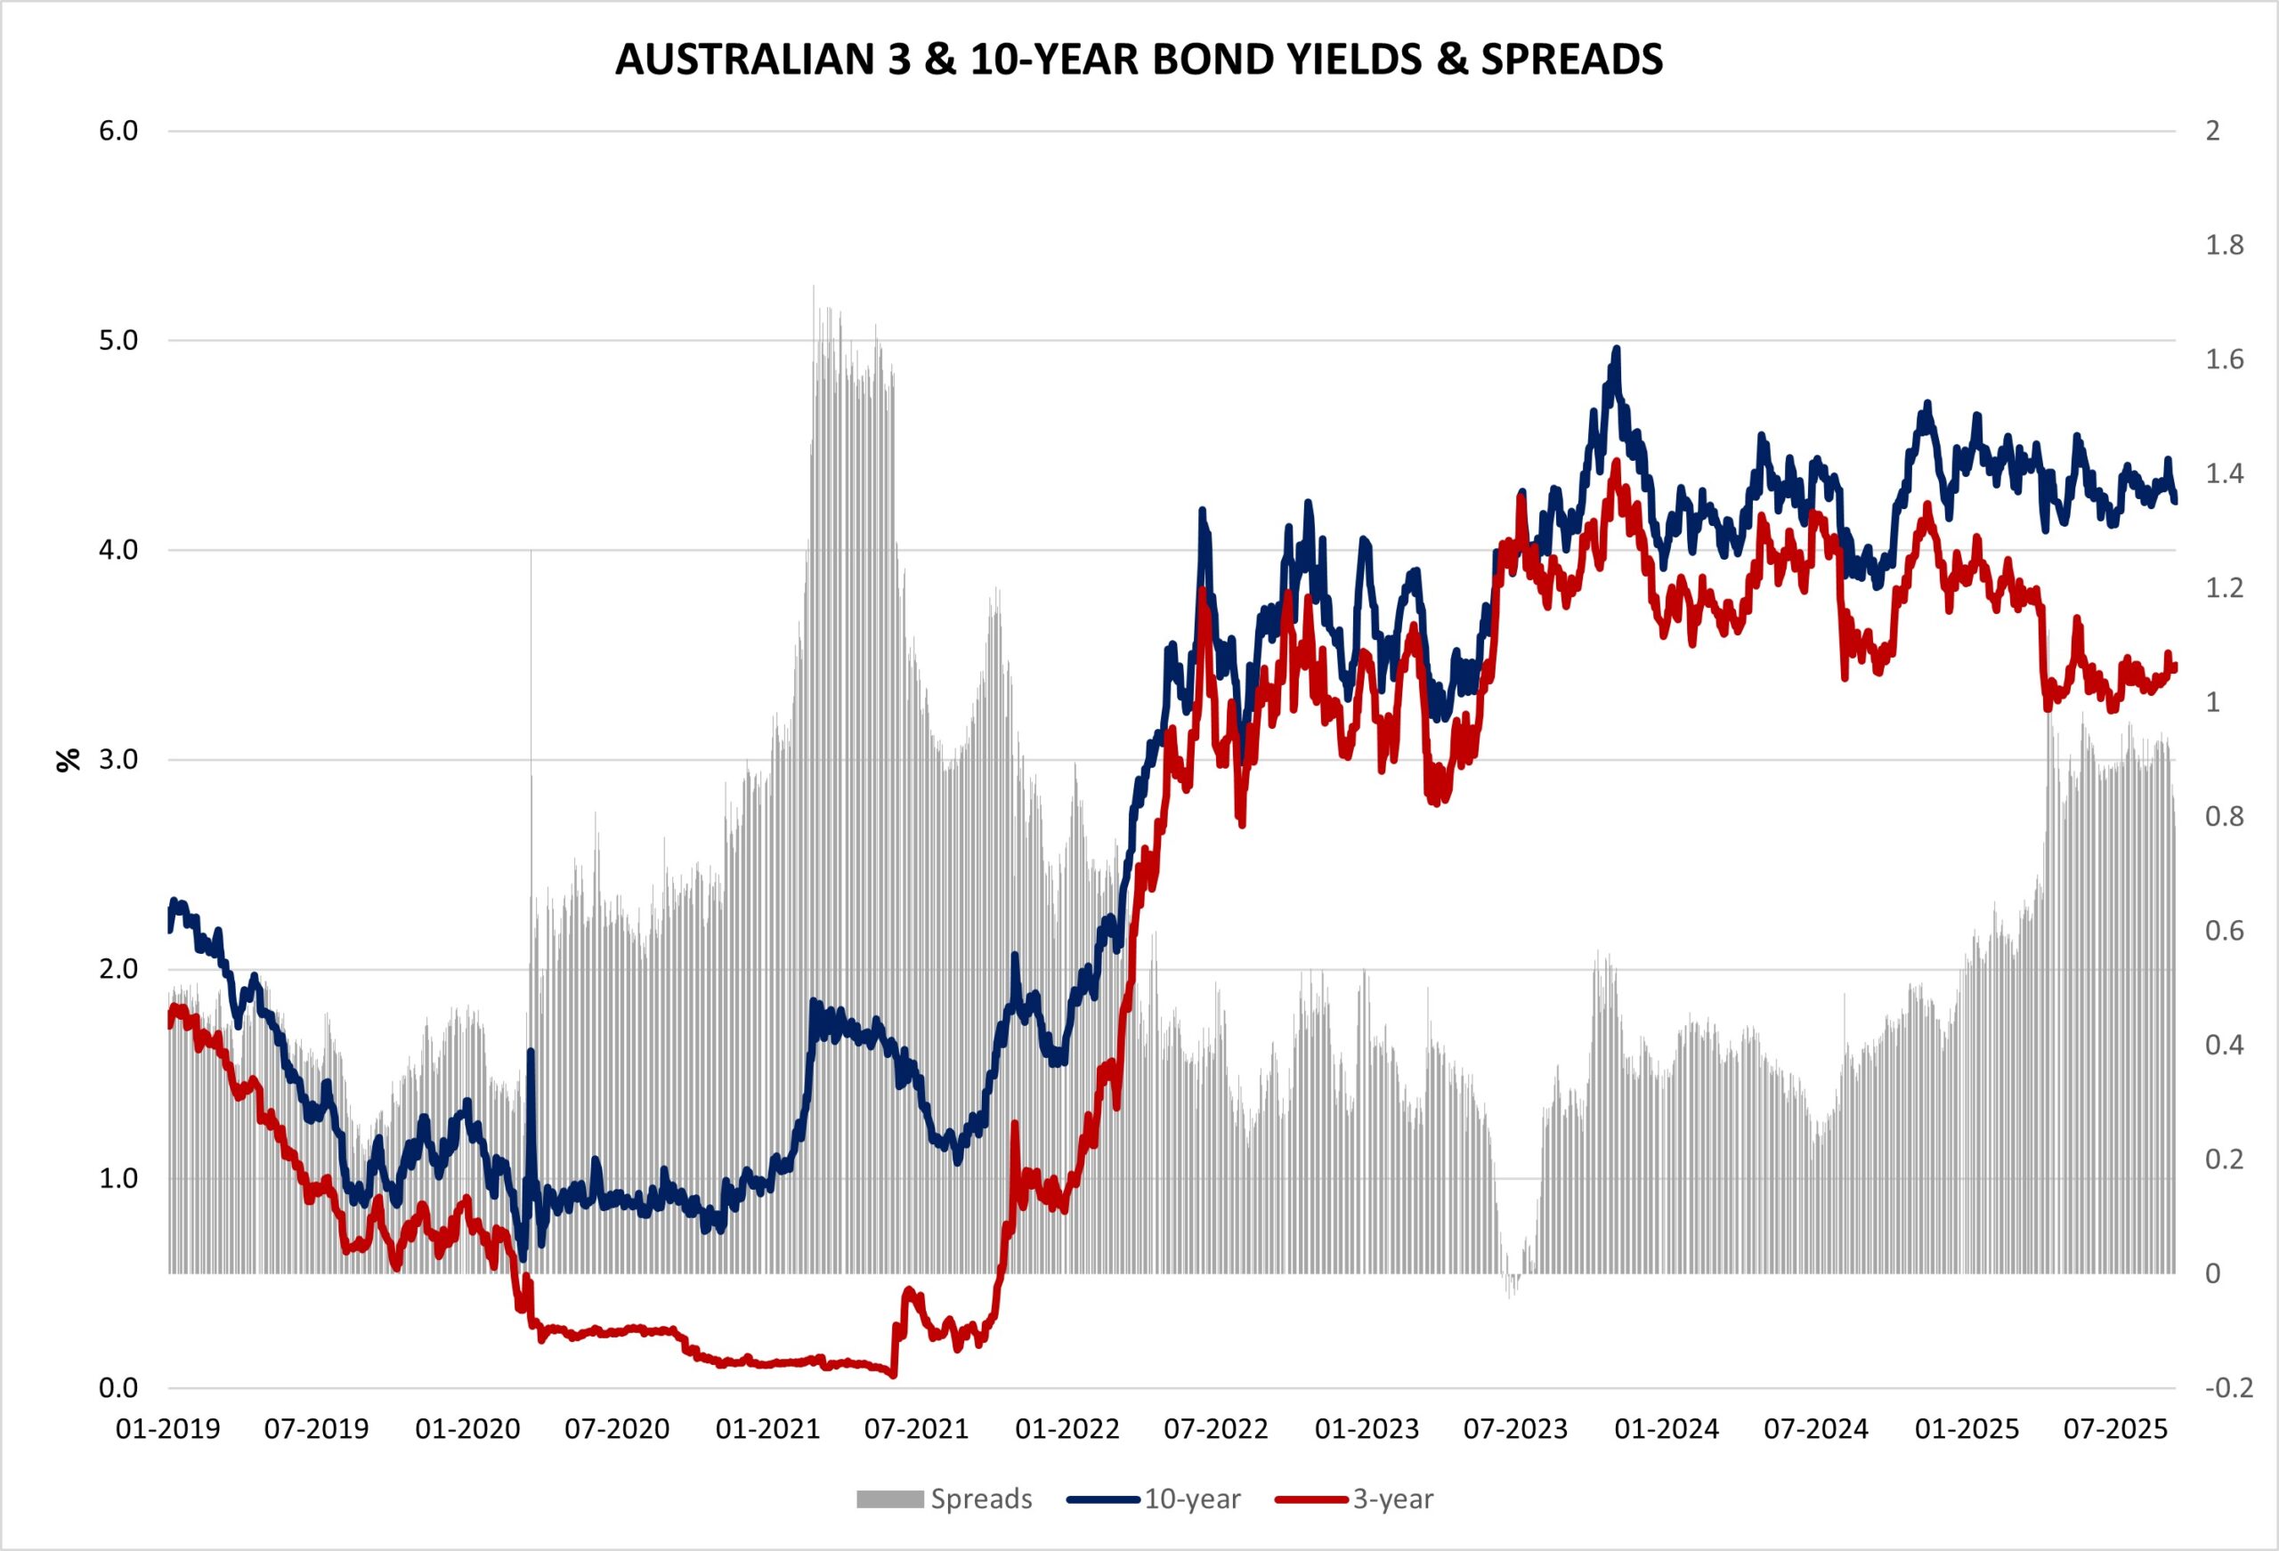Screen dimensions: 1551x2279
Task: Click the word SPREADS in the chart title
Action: (x=1571, y=60)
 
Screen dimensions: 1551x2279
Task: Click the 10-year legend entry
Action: (x=1191, y=1499)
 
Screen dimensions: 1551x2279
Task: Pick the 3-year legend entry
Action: (x=1392, y=1499)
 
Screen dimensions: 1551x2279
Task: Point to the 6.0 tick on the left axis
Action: (x=118, y=132)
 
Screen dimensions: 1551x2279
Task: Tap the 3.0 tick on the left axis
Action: (x=118, y=760)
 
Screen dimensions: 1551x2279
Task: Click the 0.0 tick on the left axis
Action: (x=118, y=1388)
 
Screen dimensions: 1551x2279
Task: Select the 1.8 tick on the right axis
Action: (x=2224, y=245)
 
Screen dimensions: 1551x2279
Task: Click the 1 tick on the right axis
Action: (x=2212, y=703)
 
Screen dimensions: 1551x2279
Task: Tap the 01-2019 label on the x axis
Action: (x=167, y=1429)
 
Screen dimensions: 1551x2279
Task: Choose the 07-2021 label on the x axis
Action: (x=916, y=1429)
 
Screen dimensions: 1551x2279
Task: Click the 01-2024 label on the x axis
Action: (x=1667, y=1429)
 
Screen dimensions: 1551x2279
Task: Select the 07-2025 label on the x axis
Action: (x=2115, y=1429)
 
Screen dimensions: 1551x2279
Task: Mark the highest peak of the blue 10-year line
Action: (x=1616, y=348)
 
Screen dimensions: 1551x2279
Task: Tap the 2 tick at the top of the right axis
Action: (x=2212, y=132)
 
